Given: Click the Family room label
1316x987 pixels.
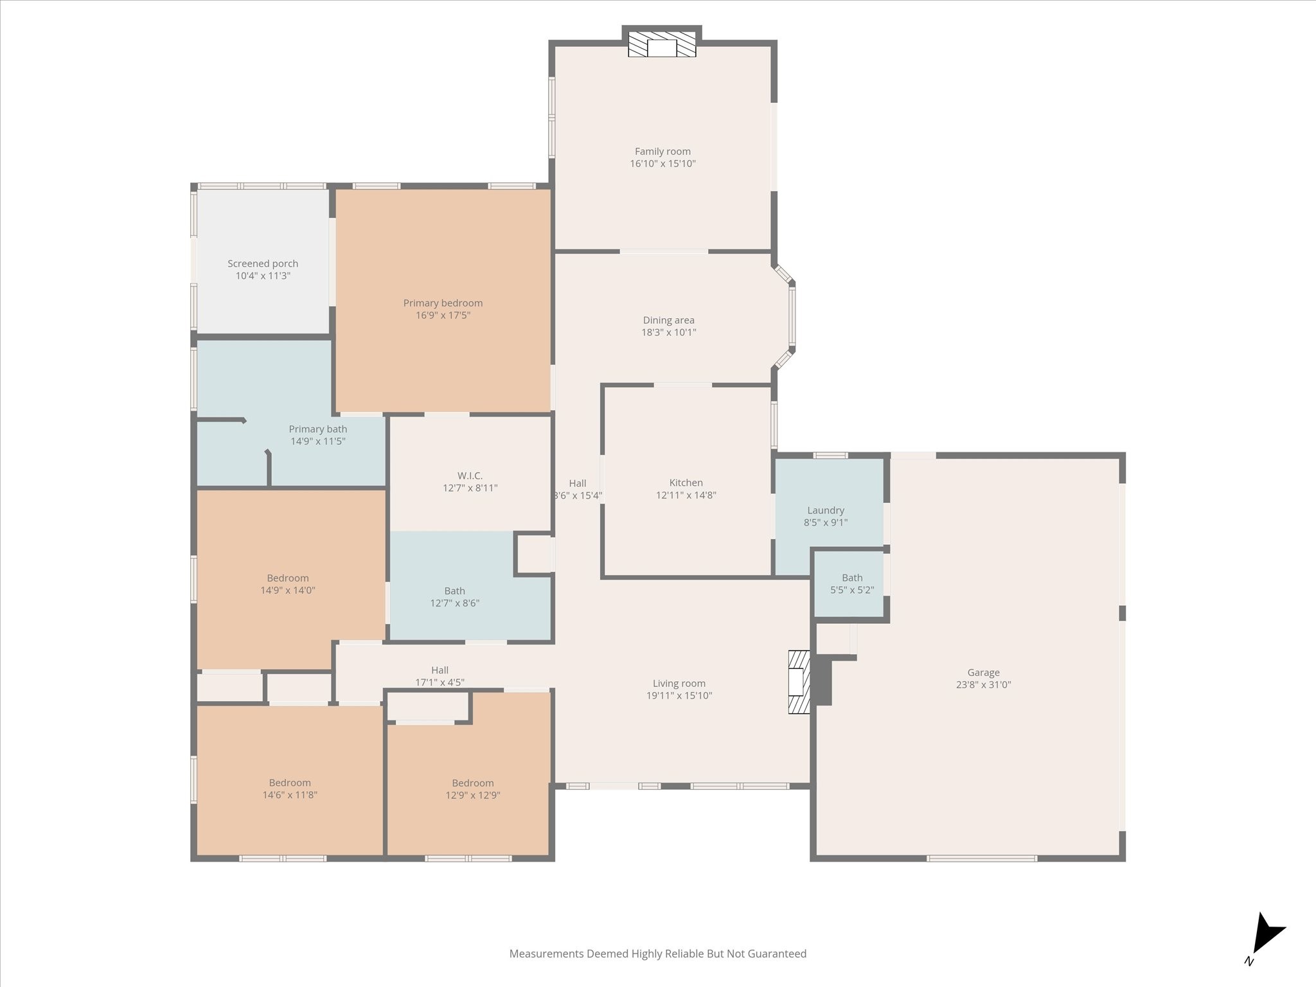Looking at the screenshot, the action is pyautogui.click(x=662, y=152).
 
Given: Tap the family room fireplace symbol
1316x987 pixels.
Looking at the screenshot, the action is pyautogui.click(x=662, y=44).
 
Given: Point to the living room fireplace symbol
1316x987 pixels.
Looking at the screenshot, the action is pyautogui.click(x=799, y=682).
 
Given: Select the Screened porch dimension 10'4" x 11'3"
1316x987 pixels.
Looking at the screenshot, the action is pyautogui.click(x=263, y=276).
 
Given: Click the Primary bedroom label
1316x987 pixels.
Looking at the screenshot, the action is pyautogui.click(x=443, y=303).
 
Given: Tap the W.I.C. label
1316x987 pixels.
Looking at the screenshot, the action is pyautogui.click(x=470, y=476).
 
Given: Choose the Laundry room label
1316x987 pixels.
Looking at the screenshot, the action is pyautogui.click(x=826, y=511).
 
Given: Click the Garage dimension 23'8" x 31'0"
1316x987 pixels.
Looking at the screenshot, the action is pyautogui.click(x=983, y=685).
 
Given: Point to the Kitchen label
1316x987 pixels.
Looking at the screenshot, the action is pyautogui.click(x=686, y=483).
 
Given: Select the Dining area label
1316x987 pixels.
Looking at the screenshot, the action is pyautogui.click(x=668, y=320).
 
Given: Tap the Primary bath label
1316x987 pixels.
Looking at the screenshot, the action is pyautogui.click(x=317, y=429).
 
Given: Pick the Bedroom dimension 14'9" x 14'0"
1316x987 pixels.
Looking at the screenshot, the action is pyautogui.click(x=288, y=591).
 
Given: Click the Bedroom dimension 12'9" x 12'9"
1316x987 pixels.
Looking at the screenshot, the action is pyautogui.click(x=473, y=796).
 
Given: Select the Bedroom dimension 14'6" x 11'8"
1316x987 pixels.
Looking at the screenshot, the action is pyautogui.click(x=290, y=795).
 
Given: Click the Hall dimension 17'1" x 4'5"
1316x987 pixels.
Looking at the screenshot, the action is pyautogui.click(x=440, y=682).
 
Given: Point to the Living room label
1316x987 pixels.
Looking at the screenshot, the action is pyautogui.click(x=679, y=684).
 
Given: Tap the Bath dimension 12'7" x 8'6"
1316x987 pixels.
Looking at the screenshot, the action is pyautogui.click(x=454, y=603).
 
